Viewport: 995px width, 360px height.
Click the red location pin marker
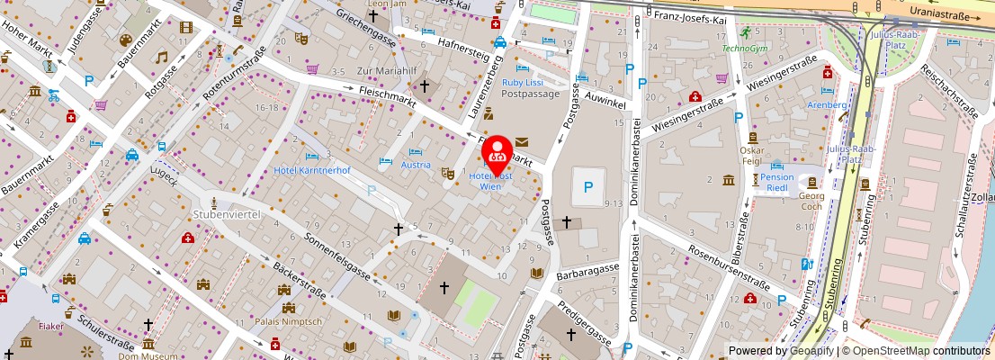(x=497, y=153)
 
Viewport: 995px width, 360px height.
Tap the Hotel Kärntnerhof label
(x=312, y=170)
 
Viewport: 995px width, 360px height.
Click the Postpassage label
(x=530, y=94)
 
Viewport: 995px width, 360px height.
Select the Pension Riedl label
(x=777, y=177)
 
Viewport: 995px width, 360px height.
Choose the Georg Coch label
(x=811, y=201)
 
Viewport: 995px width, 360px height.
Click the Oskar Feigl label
(x=751, y=156)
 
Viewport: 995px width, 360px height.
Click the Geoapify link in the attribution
(x=811, y=351)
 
